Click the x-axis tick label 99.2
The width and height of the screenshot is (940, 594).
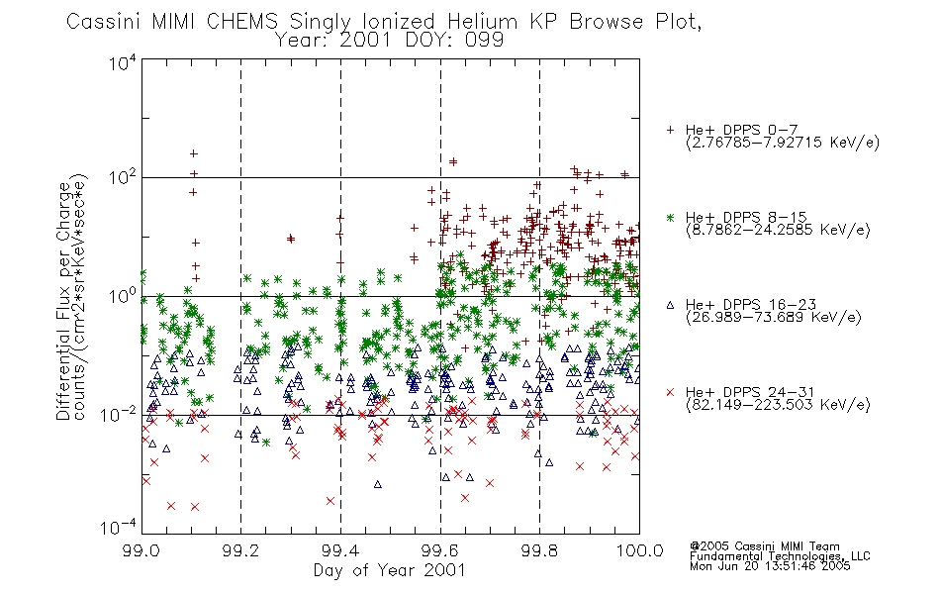241,550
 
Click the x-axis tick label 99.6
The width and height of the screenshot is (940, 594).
440,550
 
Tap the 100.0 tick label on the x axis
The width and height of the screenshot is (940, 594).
640,550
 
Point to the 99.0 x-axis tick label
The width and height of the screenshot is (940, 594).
141,550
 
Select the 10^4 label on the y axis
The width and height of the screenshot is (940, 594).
123,62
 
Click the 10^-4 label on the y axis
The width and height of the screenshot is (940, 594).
119,528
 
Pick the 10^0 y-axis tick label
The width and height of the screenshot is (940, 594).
123,296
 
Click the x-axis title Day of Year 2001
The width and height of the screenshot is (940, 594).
390,570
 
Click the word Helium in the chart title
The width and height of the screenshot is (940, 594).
482,22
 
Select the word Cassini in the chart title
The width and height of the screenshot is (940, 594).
103,22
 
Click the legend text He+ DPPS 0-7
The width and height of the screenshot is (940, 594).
741,131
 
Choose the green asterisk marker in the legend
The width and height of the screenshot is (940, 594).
670,218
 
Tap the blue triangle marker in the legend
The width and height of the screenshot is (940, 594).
670,305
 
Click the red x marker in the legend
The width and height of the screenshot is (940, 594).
670,392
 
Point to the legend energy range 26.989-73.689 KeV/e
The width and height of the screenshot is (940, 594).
774,318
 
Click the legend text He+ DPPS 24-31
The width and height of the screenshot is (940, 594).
750,392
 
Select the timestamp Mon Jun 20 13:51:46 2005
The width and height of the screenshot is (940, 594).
770,566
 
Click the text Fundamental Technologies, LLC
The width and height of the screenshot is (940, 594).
780,556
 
